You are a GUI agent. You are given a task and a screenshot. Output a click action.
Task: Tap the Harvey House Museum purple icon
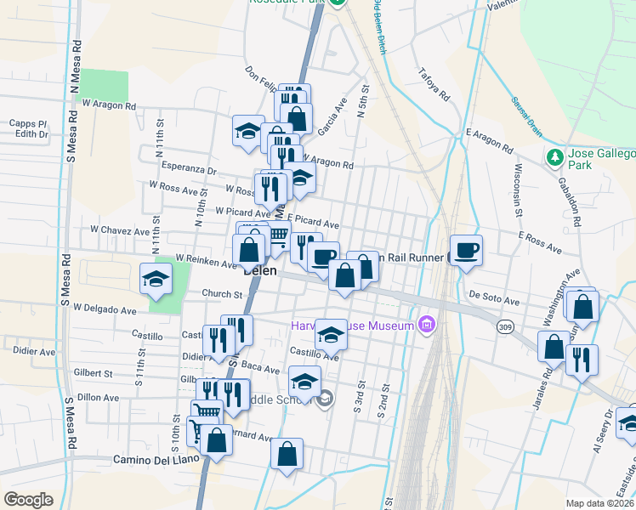pos(427,325)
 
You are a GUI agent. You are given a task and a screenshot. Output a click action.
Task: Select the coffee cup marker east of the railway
pos(466,251)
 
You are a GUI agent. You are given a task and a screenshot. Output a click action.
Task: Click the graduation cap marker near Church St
pos(156,279)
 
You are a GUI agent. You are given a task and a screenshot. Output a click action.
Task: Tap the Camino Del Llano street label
pos(156,459)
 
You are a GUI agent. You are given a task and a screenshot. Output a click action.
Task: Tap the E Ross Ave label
pos(539,243)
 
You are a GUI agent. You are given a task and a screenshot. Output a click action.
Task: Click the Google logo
pos(28,500)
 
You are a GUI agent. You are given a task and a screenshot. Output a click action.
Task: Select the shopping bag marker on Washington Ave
pos(584,306)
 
